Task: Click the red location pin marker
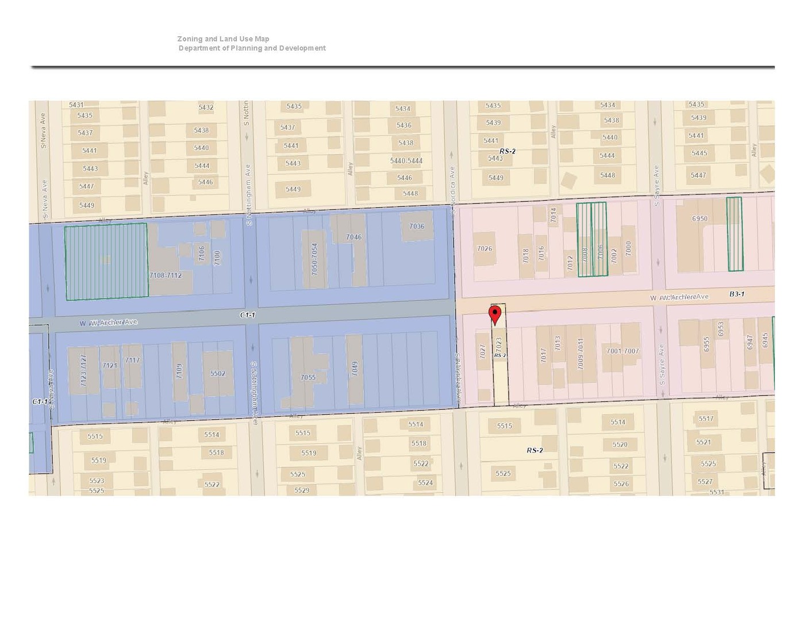[495, 315]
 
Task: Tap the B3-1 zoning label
[737, 294]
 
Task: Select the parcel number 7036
[417, 227]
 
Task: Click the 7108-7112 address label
[166, 275]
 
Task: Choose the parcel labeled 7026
[485, 249]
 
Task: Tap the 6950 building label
[700, 219]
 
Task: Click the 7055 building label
[308, 378]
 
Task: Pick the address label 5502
[217, 374]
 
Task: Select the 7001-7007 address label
[623, 351]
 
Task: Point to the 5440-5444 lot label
[406, 161]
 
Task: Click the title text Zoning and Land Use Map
[223, 39]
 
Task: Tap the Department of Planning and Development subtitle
[252, 48]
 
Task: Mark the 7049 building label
[355, 369]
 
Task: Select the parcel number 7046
[354, 237]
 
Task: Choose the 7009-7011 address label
[581, 354]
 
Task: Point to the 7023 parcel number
[499, 344]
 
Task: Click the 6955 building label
[706, 344]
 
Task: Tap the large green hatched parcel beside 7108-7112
[106, 262]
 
